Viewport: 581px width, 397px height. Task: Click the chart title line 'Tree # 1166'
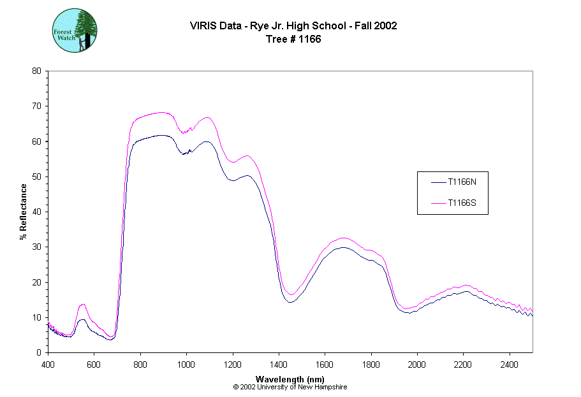[293, 39]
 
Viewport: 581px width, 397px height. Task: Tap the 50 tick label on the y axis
[36, 177]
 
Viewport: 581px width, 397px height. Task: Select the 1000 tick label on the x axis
[186, 365]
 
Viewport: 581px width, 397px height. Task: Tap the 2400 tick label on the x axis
[509, 365]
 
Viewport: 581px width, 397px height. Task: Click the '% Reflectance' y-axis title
[23, 212]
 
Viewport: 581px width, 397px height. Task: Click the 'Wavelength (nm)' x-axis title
[290, 379]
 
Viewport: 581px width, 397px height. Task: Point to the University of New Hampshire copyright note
[290, 387]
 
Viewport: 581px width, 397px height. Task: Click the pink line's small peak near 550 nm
[82, 305]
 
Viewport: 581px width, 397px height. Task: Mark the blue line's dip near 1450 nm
[291, 302]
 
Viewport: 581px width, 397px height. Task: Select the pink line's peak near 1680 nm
[343, 238]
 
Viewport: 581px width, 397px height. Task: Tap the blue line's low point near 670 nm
[110, 340]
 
